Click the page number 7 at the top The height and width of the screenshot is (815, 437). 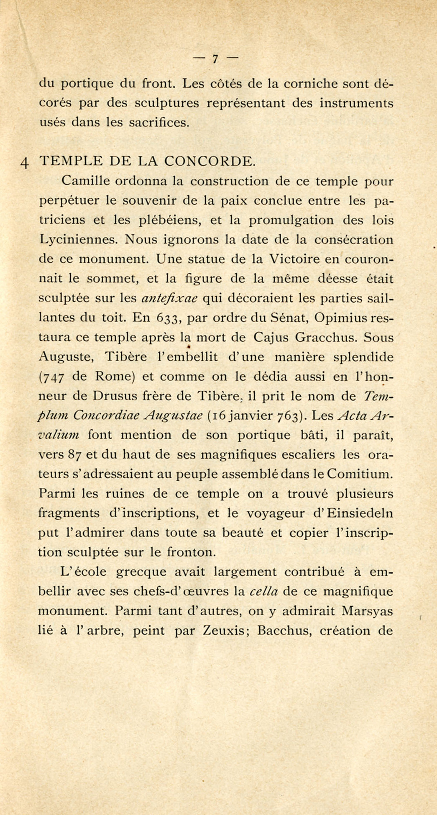[215, 59]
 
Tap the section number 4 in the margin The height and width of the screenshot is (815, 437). [25, 162]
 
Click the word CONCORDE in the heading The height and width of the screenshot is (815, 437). [209, 161]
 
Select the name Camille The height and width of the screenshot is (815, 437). [85, 181]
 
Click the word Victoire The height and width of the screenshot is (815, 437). [294, 259]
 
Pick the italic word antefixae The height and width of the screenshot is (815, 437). [172, 298]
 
